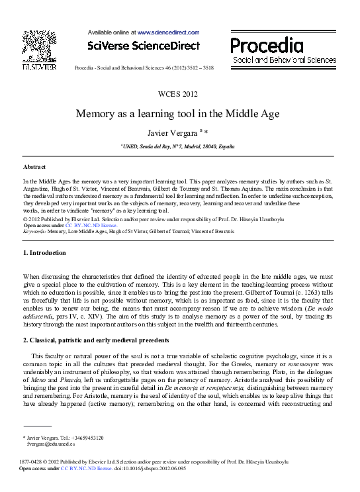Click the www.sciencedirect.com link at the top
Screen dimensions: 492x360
168,32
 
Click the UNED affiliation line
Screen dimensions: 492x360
179,146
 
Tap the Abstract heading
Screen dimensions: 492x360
34,167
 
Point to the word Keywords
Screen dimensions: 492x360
34,231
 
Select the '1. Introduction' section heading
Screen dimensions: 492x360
44,253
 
